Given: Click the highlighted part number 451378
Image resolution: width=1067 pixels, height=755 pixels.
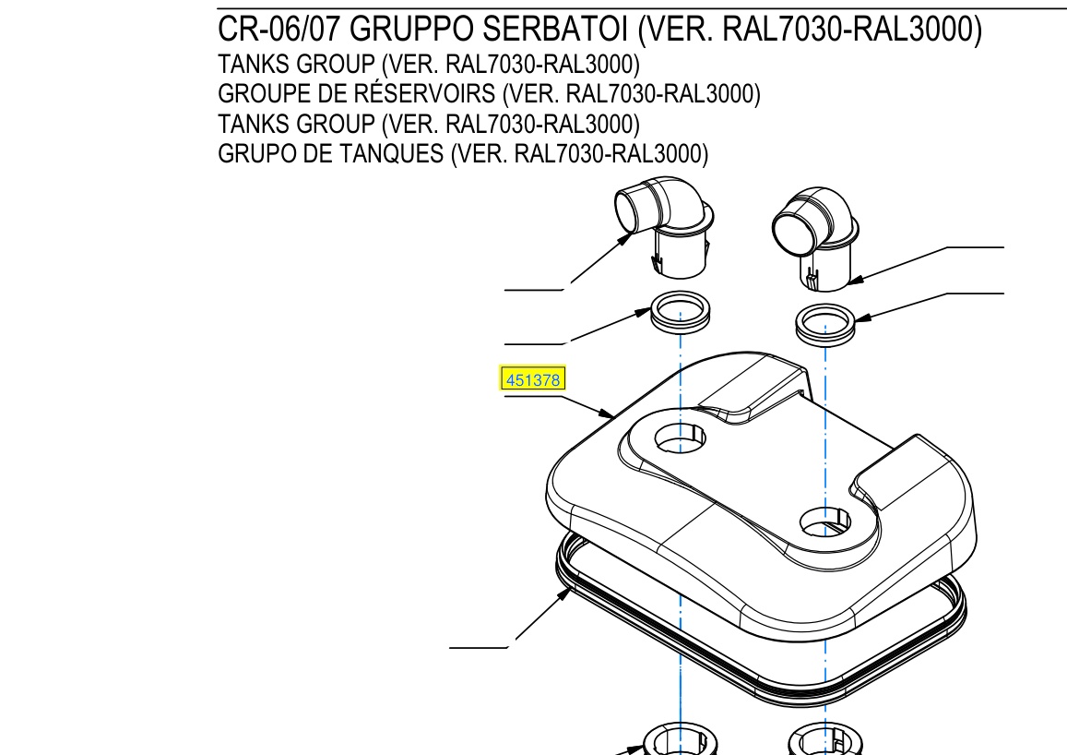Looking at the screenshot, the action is tap(533, 380).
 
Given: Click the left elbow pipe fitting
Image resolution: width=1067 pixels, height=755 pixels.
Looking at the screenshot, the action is tap(663, 228).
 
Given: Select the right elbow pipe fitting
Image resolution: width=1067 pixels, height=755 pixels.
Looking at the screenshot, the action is tap(815, 238).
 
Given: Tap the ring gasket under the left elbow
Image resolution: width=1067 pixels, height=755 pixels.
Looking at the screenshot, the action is tap(681, 313).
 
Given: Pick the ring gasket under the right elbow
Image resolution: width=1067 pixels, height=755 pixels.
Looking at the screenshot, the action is tap(824, 325).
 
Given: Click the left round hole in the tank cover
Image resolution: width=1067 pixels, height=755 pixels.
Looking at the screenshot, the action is tap(680, 437).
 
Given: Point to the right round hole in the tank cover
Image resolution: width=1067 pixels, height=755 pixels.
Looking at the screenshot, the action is tap(824, 522).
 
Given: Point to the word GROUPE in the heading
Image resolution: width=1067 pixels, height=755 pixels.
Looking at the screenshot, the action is tap(264, 93).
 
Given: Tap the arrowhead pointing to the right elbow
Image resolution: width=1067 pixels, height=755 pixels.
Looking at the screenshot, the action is tap(856, 279).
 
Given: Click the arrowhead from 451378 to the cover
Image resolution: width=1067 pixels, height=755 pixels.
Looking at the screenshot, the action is tap(607, 413).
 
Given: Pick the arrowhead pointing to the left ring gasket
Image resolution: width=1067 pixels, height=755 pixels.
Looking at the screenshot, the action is tap(643, 313).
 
